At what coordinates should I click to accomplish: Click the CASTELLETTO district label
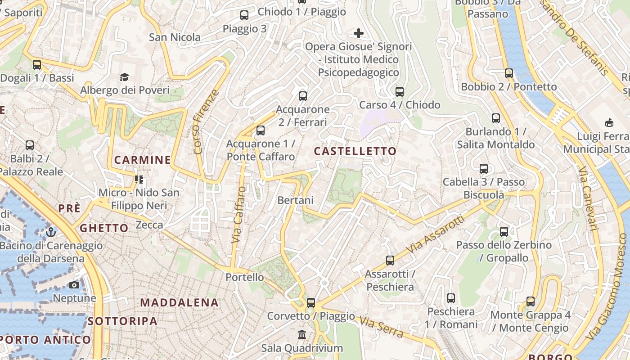[x=355, y=151]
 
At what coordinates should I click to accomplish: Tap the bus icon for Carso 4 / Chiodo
[x=400, y=92]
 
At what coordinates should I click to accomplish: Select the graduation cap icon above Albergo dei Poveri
[x=125, y=77]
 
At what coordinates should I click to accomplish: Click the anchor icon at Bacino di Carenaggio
[x=51, y=232]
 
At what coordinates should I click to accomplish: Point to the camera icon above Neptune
[x=75, y=285]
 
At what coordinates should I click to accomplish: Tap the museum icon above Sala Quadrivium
[x=302, y=335]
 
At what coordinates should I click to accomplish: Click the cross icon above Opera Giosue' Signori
[x=359, y=33]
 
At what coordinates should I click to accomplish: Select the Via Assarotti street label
[x=435, y=235]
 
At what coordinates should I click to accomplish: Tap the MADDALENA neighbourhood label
[x=179, y=302]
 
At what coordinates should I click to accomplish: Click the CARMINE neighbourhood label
[x=142, y=160]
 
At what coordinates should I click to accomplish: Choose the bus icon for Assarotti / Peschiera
[x=390, y=261]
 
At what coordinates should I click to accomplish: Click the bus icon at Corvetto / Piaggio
[x=311, y=303]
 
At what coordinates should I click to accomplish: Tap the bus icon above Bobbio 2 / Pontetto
[x=509, y=73]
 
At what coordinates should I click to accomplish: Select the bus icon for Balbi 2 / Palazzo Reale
[x=30, y=145]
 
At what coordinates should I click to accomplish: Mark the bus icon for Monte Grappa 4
[x=531, y=301]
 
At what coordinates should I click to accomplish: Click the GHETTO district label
[x=104, y=228]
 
